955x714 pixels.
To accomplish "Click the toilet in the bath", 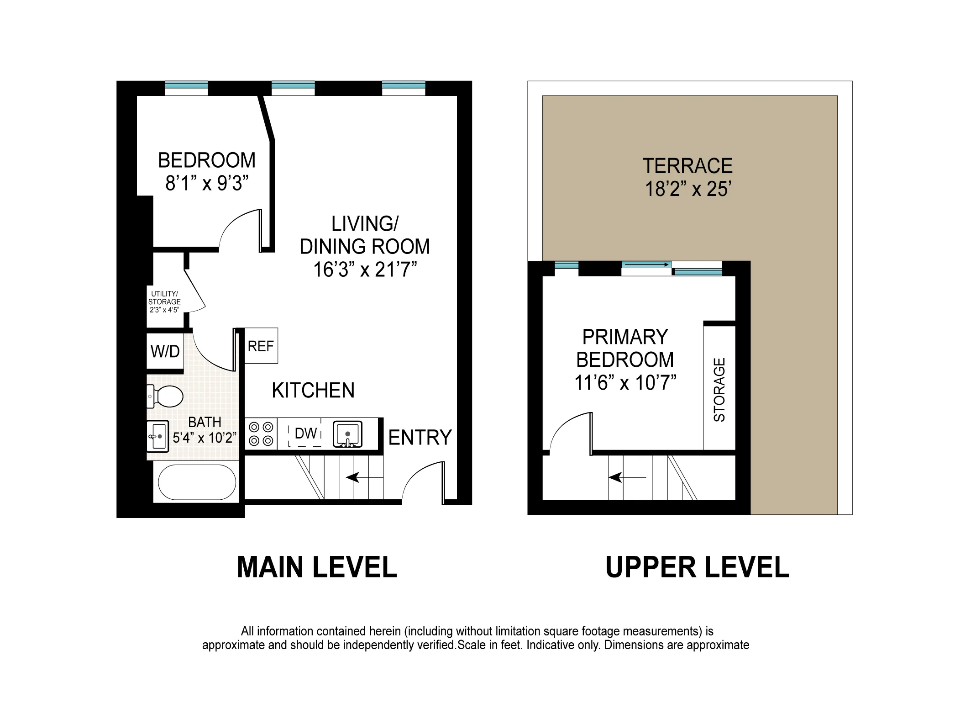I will point(167,396).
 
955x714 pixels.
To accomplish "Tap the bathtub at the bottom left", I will point(197,482).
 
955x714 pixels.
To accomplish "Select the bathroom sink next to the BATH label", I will point(158,436).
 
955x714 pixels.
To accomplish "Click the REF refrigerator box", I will point(261,346).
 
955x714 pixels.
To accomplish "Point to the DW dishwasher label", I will point(305,433).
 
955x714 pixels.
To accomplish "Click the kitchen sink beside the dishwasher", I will point(347,434).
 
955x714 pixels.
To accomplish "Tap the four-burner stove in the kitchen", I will point(261,434).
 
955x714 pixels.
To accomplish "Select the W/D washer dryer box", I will point(165,351).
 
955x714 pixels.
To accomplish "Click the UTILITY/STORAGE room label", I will point(164,301).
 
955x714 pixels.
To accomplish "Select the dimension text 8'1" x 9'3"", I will point(207,184).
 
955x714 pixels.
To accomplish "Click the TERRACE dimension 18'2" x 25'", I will point(688,189).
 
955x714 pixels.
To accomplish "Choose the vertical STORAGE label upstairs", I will point(719,390).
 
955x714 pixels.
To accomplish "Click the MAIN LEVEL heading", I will point(317,567).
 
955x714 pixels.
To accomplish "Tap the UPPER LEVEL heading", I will point(697,567).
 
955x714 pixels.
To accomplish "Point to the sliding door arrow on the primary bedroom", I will point(646,264).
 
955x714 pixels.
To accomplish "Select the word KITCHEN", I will point(313,391).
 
